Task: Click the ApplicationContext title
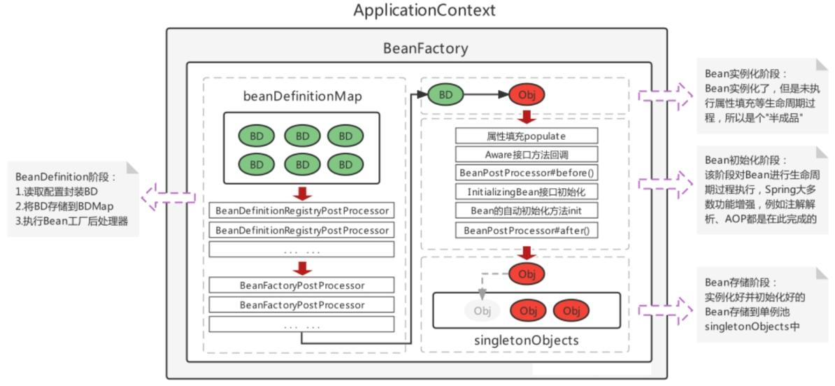pyautogui.click(x=424, y=10)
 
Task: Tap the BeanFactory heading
pyautogui.click(x=425, y=48)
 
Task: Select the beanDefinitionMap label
pyautogui.click(x=303, y=96)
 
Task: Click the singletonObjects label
pyautogui.click(x=525, y=340)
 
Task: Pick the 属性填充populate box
pyautogui.click(x=526, y=136)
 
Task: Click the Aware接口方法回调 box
pyautogui.click(x=526, y=155)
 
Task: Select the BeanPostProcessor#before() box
pyautogui.click(x=526, y=173)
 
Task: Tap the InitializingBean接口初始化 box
pyautogui.click(x=526, y=192)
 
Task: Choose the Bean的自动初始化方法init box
pyautogui.click(x=526, y=210)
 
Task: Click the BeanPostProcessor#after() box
pyautogui.click(x=526, y=231)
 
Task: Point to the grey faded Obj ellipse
pyautogui.click(x=482, y=310)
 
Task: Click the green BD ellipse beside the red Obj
pyautogui.click(x=445, y=94)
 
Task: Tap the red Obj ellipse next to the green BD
pyautogui.click(x=527, y=95)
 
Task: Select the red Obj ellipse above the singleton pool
pyautogui.click(x=527, y=274)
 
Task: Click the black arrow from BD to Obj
pyautogui.click(x=486, y=94)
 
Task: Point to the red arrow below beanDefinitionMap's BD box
pyautogui.click(x=303, y=193)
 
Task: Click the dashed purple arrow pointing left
pyautogui.click(x=169, y=197)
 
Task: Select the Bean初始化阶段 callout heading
pyautogui.click(x=745, y=159)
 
